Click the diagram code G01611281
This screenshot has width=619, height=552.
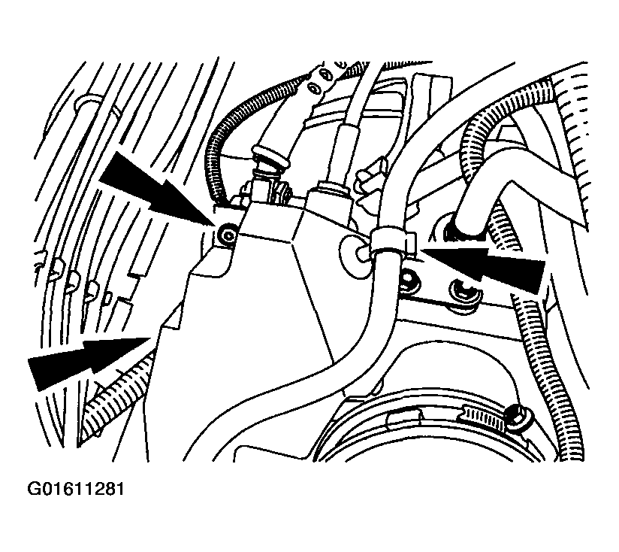75,489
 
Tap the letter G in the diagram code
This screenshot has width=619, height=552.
33,489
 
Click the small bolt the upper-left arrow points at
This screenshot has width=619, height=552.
228,236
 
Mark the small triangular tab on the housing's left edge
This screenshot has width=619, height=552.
173,316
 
